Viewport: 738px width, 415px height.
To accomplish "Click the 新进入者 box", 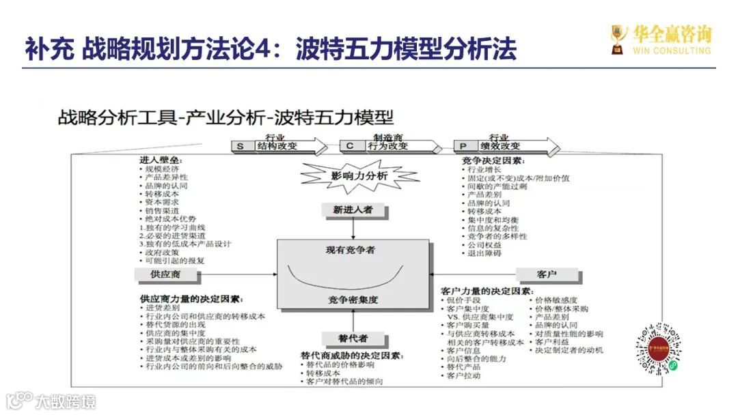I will (353, 210).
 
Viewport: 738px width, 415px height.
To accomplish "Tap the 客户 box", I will (547, 274).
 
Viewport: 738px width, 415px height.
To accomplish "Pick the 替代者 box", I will (353, 339).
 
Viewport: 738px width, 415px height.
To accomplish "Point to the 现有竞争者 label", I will (351, 250).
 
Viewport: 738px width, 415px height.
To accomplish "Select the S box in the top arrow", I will (241, 146).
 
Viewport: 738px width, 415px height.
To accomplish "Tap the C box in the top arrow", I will (350, 146).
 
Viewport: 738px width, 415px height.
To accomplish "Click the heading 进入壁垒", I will (161, 160).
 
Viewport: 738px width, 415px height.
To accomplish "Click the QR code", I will (660, 349).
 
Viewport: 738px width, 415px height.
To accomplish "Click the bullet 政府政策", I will (162, 253).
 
